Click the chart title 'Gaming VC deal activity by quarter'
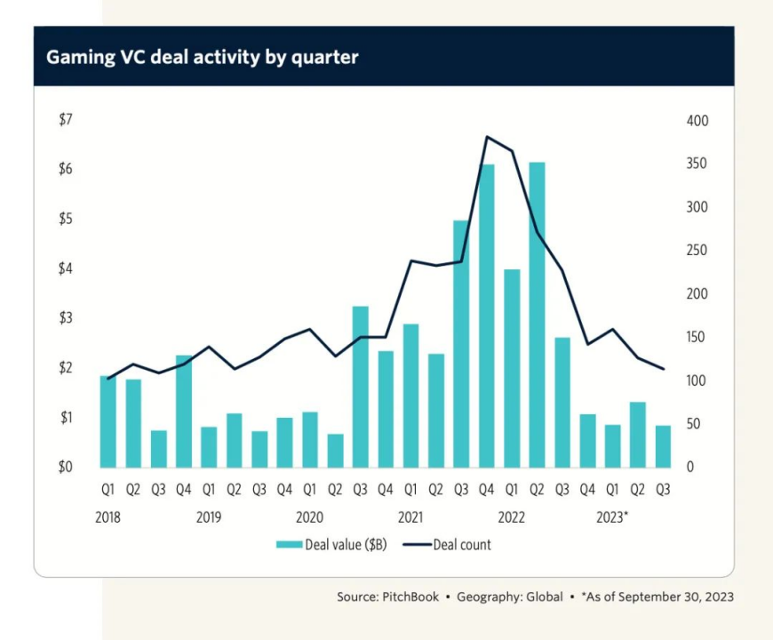point(202,57)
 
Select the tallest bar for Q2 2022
point(537,315)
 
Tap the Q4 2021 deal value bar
point(487,316)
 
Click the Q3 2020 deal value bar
point(361,387)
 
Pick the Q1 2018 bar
point(108,422)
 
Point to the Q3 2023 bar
point(663,447)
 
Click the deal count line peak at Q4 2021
point(487,137)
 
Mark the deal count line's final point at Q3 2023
point(664,369)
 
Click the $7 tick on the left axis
point(66,119)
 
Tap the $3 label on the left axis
point(66,318)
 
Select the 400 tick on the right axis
point(697,121)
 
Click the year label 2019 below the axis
point(209,517)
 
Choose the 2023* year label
point(612,517)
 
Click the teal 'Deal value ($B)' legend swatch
point(289,545)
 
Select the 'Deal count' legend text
point(462,545)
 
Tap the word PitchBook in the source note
point(410,597)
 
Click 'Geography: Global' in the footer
point(510,597)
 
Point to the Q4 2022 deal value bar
point(587,441)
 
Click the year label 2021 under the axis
point(410,517)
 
